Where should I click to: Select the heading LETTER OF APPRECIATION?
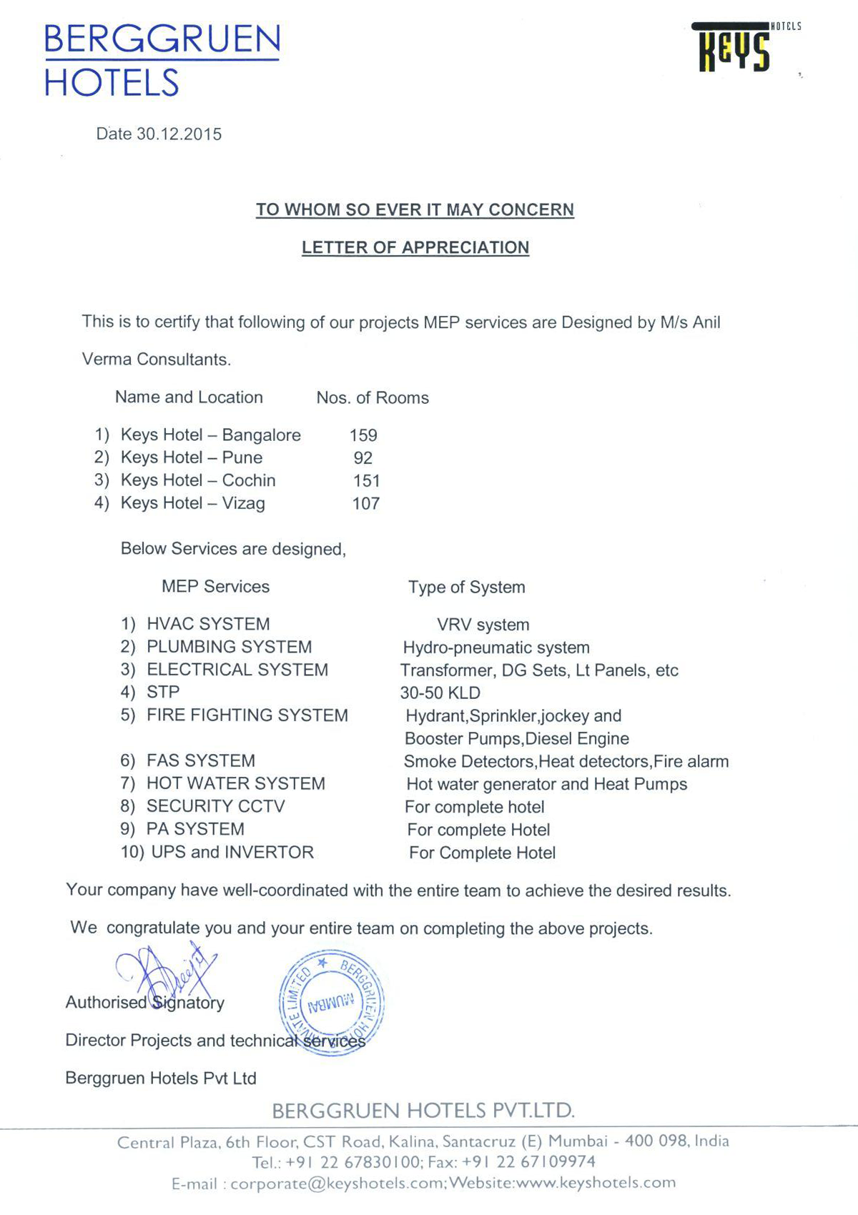tap(415, 247)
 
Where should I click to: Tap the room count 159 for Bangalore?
tap(363, 435)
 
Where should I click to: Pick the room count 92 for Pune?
tap(363, 458)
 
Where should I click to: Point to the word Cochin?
tap(249, 480)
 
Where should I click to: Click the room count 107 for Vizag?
tap(365, 504)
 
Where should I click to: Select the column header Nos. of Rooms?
tap(373, 398)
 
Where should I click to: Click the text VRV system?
tap(483, 625)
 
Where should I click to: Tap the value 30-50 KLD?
tap(440, 693)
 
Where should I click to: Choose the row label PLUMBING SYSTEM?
tap(229, 647)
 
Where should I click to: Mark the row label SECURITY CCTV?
tap(215, 806)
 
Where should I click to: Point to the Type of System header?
tap(466, 587)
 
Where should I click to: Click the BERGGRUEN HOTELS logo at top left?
tap(162, 60)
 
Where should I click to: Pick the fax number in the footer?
tap(528, 1162)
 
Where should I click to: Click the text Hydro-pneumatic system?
tap(496, 648)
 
